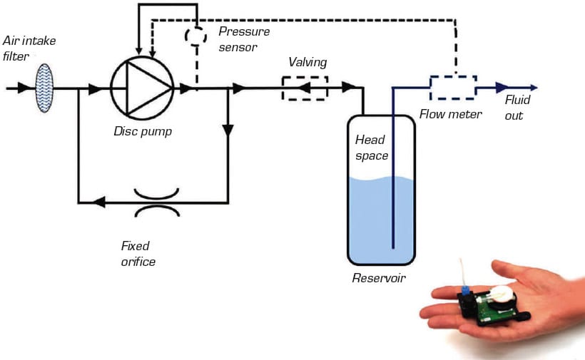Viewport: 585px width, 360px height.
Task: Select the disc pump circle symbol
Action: pos(142,88)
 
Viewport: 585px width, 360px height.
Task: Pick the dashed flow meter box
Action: pos(452,88)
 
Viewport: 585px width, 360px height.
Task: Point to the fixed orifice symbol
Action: pos(157,202)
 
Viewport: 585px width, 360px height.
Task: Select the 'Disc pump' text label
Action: pos(143,131)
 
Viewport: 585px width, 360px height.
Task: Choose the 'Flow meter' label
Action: pos(451,113)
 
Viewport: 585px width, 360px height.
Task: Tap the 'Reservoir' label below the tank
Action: pos(379,278)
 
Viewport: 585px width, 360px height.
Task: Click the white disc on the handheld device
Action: pos(504,293)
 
